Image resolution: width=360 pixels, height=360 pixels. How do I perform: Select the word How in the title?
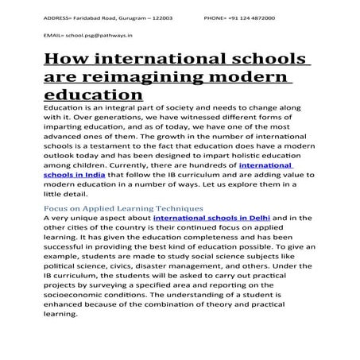tap(64, 60)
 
